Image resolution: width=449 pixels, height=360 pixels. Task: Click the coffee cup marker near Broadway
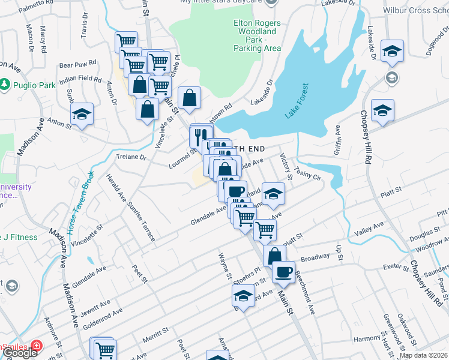pos(283,271)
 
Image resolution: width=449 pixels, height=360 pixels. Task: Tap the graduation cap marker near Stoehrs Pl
pos(243,296)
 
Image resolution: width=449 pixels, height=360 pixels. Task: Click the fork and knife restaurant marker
pos(200,136)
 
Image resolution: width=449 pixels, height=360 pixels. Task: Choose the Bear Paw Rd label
pos(78,63)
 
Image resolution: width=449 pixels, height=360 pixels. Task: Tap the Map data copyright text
pos(423,355)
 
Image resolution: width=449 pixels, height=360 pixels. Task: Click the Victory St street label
pos(286,167)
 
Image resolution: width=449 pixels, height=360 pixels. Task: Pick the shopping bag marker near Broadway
pos(274,255)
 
